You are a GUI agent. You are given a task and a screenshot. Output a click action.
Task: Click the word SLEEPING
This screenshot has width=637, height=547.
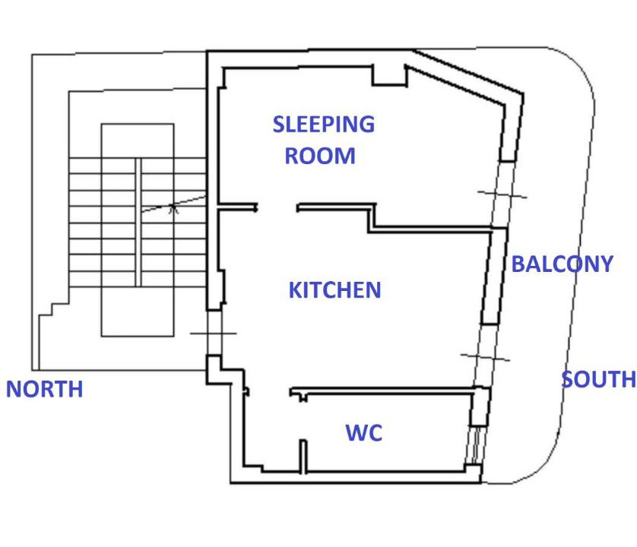(x=323, y=125)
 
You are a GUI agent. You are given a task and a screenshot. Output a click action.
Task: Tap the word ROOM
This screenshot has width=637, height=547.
(x=320, y=156)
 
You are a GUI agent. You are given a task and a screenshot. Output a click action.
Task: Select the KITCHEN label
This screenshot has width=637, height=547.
(x=334, y=290)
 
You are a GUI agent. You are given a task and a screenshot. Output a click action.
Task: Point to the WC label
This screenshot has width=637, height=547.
(x=364, y=432)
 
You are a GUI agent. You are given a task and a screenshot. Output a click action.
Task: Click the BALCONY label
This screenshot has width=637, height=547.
(x=563, y=264)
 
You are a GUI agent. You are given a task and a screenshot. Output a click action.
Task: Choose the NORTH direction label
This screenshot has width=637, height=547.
(x=45, y=389)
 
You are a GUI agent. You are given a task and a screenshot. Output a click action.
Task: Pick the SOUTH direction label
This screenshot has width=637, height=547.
(x=599, y=379)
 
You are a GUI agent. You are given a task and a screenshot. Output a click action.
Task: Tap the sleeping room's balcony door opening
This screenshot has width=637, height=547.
(x=503, y=194)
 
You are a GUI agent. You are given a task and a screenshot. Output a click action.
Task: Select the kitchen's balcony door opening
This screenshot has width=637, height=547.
(x=486, y=356)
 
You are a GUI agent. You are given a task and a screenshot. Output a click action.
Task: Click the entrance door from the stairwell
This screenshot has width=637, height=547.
(x=214, y=333)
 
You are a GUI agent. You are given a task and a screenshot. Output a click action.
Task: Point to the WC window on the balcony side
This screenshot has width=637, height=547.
(x=475, y=445)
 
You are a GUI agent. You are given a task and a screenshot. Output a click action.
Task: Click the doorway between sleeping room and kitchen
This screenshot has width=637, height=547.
(x=277, y=208)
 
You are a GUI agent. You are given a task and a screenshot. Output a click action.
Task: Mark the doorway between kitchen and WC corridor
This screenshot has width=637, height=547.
(x=269, y=392)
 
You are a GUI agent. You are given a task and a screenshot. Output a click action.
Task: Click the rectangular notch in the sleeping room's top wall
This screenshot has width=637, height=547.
(x=390, y=75)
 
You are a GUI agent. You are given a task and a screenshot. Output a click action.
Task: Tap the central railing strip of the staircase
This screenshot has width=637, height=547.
(x=138, y=222)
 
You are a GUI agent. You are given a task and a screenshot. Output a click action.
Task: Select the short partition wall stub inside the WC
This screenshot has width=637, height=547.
(x=303, y=457)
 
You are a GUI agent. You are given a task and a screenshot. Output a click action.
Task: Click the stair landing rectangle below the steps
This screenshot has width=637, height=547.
(x=138, y=312)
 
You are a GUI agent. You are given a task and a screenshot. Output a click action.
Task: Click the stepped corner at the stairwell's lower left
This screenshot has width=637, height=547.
(x=52, y=308)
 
